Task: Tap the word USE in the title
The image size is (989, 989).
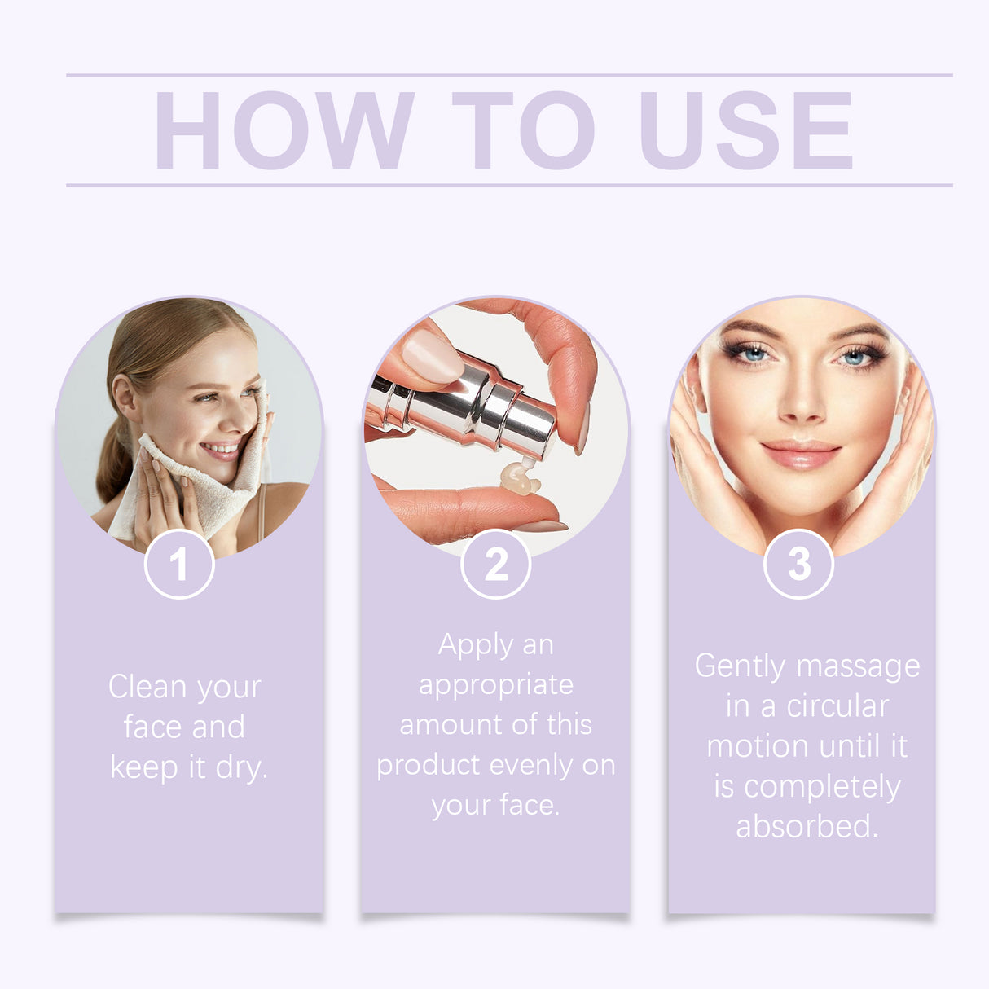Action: pos(745,130)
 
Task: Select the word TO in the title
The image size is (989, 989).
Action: pos(523,130)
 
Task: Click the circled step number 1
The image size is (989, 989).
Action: pos(179,564)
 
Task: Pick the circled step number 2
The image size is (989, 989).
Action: pos(495,564)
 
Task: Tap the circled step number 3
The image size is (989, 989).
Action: pos(799,564)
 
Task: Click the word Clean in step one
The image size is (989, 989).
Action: pos(147,686)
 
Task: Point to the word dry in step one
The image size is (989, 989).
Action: pos(241,767)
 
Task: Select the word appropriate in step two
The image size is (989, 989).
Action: pos(495,685)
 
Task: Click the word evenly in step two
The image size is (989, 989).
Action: pos(531,765)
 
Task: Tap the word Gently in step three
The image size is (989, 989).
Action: pos(735,666)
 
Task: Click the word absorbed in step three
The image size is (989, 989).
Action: pos(807,826)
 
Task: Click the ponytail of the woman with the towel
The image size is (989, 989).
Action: pos(114,464)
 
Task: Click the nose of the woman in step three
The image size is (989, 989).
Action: pos(801,399)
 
